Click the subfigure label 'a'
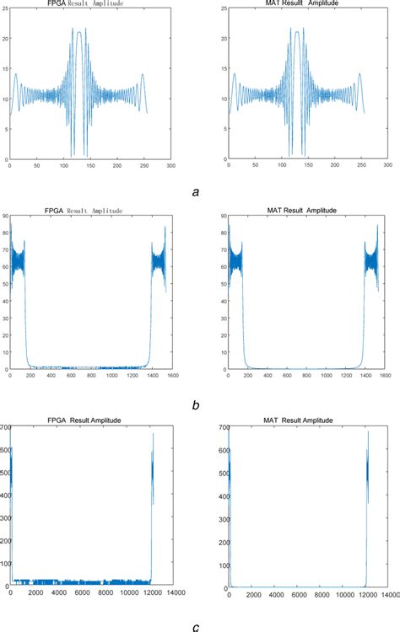point(196,192)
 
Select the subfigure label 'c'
point(196,625)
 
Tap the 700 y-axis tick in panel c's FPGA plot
point(5,428)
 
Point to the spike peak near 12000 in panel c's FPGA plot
point(153,434)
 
